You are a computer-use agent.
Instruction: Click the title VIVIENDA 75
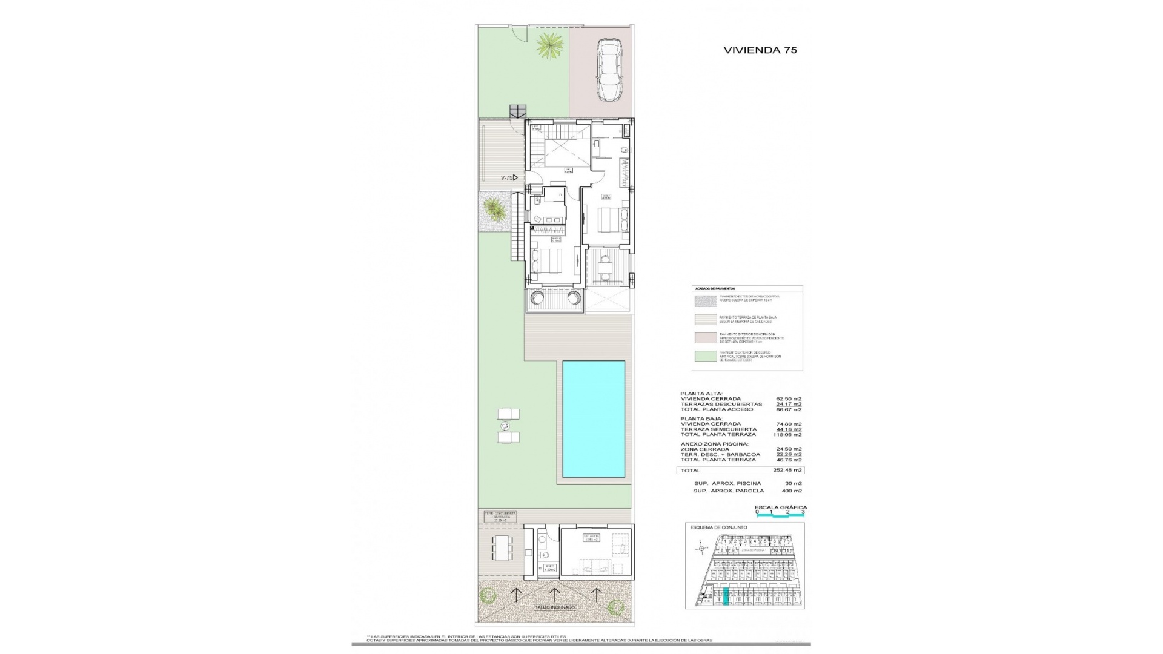(760, 50)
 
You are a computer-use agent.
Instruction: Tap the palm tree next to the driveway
(550, 45)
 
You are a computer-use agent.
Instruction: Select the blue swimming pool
(594, 418)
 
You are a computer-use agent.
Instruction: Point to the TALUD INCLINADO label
(554, 607)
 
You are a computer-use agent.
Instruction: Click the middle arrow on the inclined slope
(554, 594)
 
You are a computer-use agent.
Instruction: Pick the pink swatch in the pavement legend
(705, 339)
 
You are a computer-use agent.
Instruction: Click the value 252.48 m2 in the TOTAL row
(789, 470)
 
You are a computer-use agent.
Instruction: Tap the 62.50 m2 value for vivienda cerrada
(789, 399)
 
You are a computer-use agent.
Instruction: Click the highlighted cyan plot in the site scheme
(727, 598)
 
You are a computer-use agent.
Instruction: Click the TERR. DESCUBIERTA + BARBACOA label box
(500, 517)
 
